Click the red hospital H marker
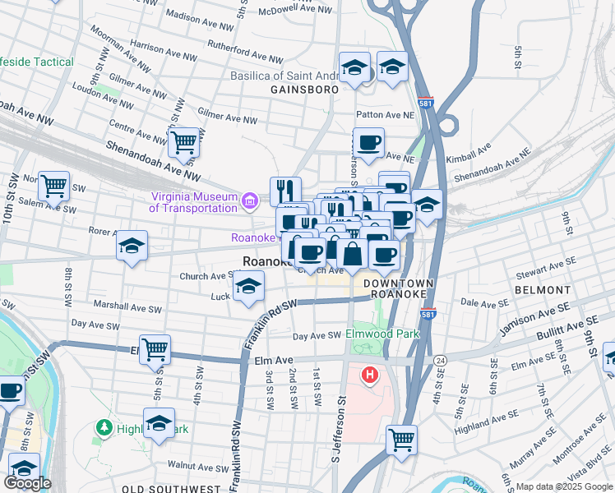click(x=370, y=376)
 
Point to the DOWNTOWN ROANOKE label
click(x=397, y=288)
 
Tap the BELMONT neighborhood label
click(x=543, y=290)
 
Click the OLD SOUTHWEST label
click(x=171, y=488)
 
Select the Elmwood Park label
click(x=383, y=334)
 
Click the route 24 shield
click(x=442, y=360)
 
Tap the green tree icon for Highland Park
click(x=104, y=428)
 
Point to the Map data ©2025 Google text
click(x=564, y=486)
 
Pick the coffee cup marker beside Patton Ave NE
click(x=368, y=144)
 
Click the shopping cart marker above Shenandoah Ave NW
click(x=184, y=142)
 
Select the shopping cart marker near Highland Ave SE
click(x=401, y=440)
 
